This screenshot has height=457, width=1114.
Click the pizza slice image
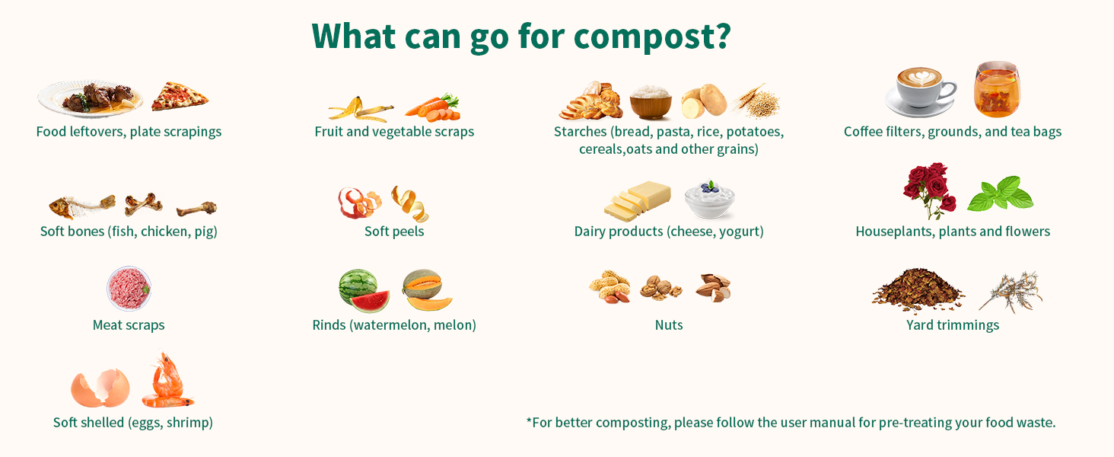(x=180, y=96)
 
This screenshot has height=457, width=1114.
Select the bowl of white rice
(x=651, y=102)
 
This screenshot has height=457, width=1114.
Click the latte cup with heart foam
(x=921, y=91)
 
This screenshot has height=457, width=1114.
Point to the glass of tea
(x=997, y=89)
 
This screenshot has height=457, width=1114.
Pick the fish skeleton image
(x=82, y=206)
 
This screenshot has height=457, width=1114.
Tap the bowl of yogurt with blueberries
(x=709, y=199)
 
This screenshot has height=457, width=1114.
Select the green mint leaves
(x=1000, y=194)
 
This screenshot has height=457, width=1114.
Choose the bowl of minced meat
(x=129, y=289)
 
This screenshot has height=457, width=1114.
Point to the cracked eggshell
(x=100, y=388)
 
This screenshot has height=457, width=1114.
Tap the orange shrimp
(x=167, y=382)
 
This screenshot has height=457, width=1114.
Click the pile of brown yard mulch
(x=918, y=289)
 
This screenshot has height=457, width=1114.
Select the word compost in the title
(x=645, y=37)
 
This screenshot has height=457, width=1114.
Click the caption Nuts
(x=668, y=325)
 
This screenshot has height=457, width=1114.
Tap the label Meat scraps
(x=129, y=325)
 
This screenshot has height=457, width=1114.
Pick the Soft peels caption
(x=394, y=232)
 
